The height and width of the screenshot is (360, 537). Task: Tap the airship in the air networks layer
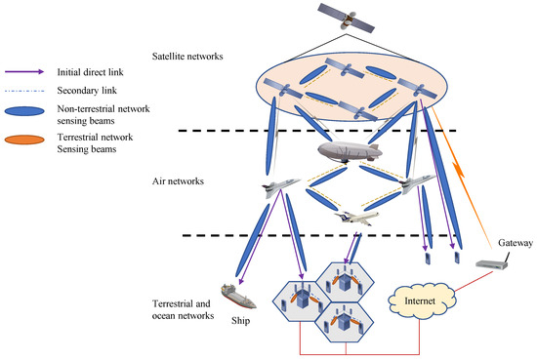click(348, 152)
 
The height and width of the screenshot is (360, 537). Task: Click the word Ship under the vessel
click(242, 319)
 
